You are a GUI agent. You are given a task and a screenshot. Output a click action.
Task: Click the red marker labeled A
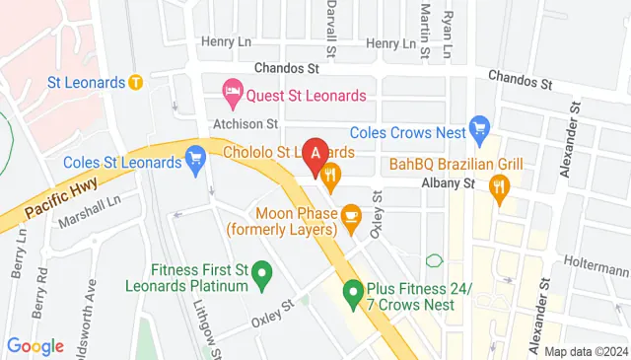(x=315, y=154)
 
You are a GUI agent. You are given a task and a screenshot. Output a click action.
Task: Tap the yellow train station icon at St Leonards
(x=137, y=82)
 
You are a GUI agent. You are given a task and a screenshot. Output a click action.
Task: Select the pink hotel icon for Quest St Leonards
(x=233, y=96)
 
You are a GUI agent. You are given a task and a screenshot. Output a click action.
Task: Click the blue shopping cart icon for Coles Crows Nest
(x=480, y=126)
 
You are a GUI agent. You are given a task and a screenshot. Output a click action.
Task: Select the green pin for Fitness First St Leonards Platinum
(x=262, y=272)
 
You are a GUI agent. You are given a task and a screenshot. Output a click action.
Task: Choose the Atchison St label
(x=246, y=124)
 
